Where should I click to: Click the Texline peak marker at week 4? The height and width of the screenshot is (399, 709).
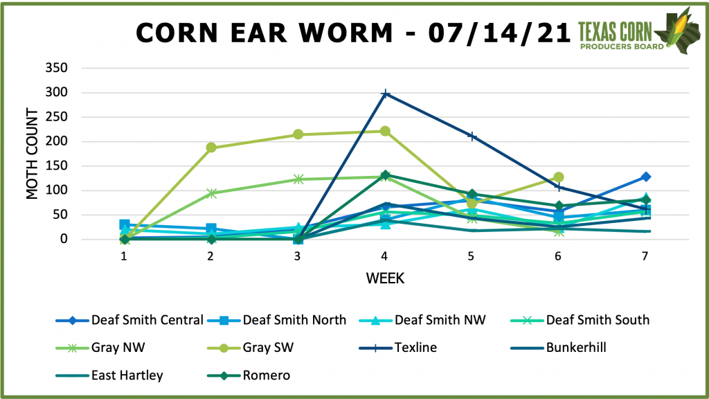[x=385, y=94]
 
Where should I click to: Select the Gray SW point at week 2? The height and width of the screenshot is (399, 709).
[x=211, y=148]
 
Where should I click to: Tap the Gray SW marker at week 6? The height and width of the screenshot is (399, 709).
[x=558, y=177]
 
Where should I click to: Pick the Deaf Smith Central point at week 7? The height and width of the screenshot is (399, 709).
[x=645, y=177]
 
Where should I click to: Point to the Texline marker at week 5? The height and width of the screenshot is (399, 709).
[x=472, y=136]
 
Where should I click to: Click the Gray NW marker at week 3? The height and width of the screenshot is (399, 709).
[x=298, y=179]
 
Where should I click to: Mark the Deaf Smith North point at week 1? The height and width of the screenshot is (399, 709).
[x=125, y=224]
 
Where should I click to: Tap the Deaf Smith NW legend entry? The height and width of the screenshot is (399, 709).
[x=440, y=319]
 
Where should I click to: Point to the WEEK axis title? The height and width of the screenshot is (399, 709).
[x=385, y=278]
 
